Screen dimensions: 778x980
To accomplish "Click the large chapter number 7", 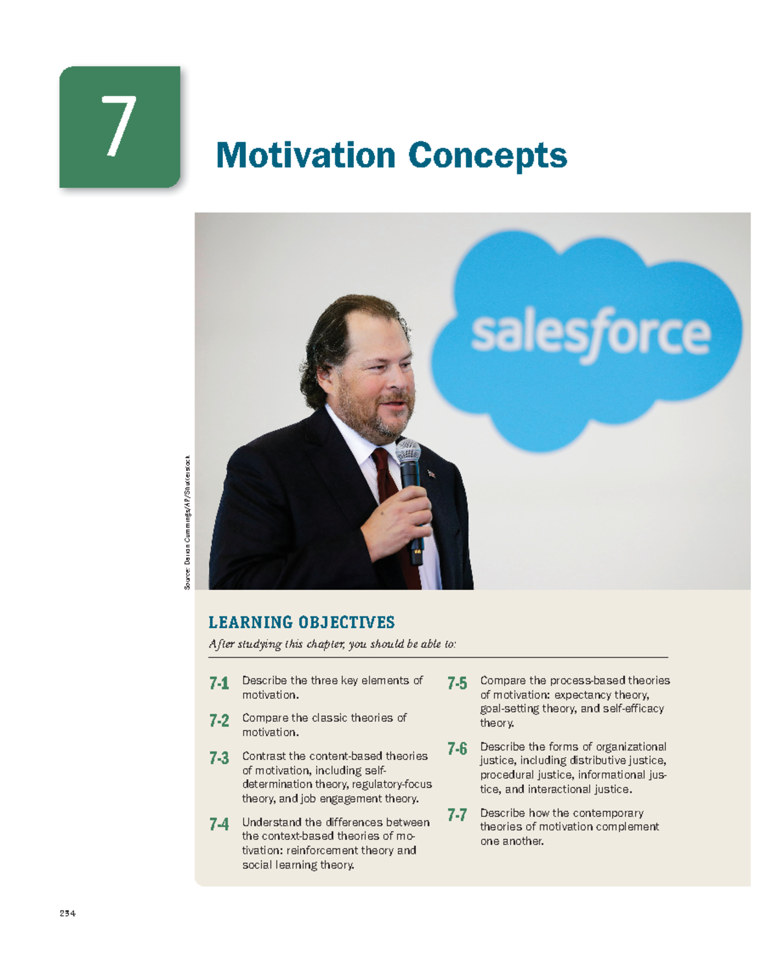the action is coord(119,126).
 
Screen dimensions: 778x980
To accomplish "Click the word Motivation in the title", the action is coord(305,156).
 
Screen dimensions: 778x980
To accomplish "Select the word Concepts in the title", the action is coord(488,157).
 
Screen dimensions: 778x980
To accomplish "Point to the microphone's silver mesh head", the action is coord(408,451).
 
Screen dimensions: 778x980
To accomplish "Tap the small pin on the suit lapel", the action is coord(431,474).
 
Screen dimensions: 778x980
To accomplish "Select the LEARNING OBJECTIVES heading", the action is coord(301,622).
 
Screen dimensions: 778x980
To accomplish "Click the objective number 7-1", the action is coord(219,683).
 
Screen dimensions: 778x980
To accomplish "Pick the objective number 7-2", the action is coord(219,721).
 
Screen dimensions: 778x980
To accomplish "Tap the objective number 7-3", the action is coord(219,758).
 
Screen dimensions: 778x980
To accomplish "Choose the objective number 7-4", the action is coord(219,824).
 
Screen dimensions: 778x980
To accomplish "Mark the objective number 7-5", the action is coord(457,683).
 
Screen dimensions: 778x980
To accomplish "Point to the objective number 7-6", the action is coord(457,749).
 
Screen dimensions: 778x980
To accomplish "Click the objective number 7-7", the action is coord(457,815).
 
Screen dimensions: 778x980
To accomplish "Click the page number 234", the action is coord(67,913).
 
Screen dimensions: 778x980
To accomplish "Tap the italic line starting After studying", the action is coord(332,644).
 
